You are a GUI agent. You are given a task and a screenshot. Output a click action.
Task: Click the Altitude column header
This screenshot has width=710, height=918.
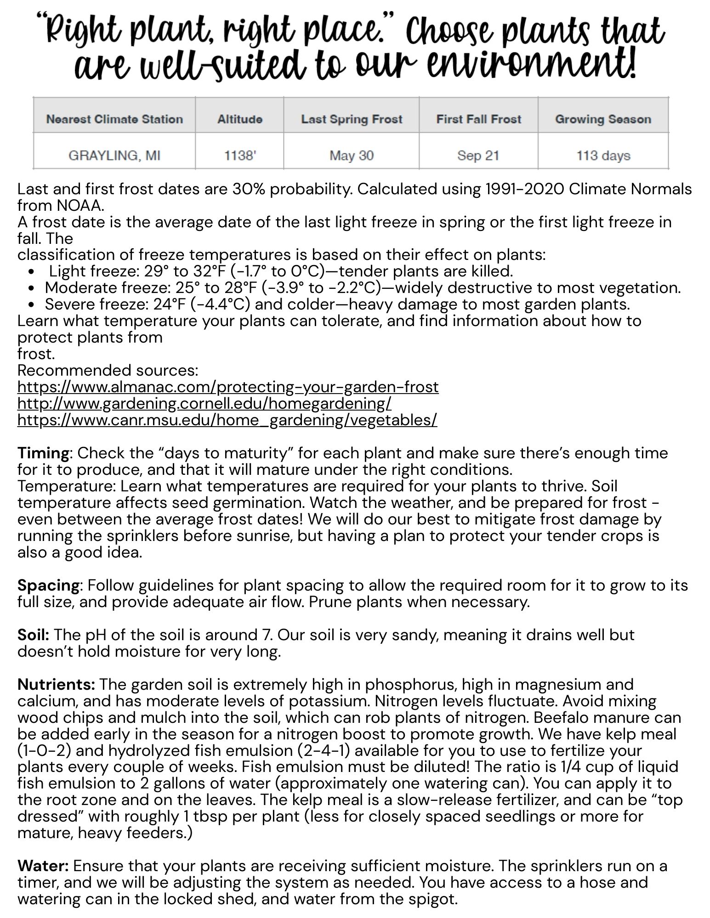pos(239,119)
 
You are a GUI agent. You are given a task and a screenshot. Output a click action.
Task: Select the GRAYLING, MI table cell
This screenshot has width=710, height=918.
pos(114,156)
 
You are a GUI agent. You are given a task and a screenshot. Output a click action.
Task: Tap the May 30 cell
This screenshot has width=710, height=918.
pos(351,156)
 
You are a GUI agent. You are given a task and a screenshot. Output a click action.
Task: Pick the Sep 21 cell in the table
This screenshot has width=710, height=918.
pos(478,156)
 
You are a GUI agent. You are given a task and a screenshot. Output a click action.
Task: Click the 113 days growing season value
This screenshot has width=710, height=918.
pos(603,156)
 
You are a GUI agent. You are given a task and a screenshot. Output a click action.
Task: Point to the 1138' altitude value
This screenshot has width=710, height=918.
pos(239,156)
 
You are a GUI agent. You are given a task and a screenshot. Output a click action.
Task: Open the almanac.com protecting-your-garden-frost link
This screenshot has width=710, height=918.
pos(228,387)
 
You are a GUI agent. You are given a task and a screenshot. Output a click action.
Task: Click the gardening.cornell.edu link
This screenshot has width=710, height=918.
pos(204,404)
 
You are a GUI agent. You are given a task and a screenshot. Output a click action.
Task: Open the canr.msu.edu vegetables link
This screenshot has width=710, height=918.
pos(227,420)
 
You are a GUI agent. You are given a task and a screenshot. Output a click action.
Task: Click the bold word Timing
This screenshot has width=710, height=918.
pos(43,453)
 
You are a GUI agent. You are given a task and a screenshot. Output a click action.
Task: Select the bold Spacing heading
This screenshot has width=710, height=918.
pos(48,586)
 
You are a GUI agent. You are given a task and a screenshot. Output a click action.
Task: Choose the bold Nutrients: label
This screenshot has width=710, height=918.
pos(56,685)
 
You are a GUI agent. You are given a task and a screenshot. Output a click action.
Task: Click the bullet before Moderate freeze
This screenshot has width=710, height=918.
pos(31,288)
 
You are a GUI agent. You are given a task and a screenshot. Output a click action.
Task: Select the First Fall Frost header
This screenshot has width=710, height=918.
pos(478,119)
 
